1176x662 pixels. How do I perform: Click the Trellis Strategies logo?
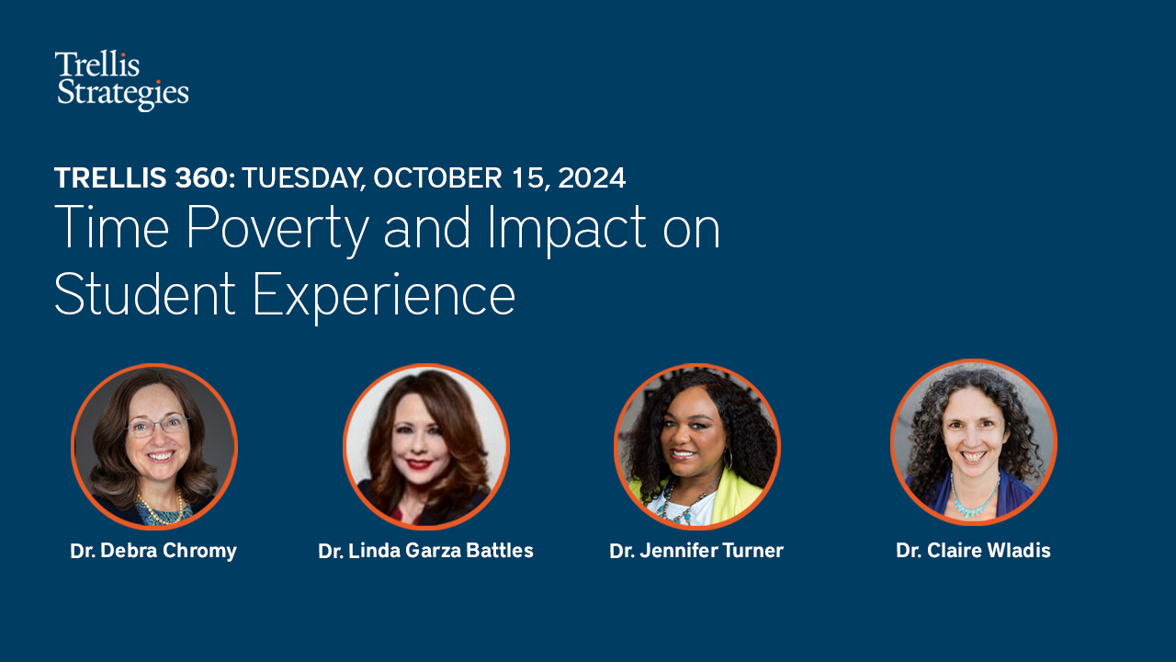point(121,80)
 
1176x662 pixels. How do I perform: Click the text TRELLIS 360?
point(144,177)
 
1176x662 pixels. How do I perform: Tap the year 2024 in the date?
point(592,177)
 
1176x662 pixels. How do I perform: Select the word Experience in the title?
point(383,296)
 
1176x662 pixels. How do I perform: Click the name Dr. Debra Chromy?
point(153,552)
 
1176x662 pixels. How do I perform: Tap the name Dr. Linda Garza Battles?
point(425,552)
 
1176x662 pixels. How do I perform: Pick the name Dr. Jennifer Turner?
point(696,552)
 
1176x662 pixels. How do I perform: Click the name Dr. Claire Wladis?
point(973,552)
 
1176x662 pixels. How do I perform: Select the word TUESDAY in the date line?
point(302,177)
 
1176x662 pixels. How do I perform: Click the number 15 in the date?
point(526,177)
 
